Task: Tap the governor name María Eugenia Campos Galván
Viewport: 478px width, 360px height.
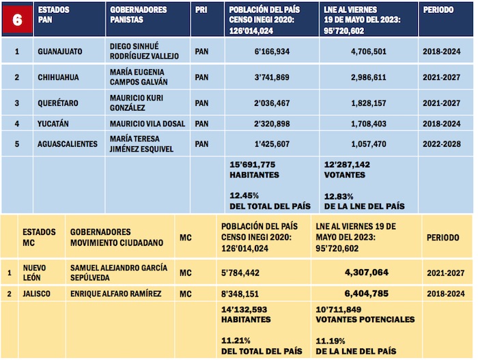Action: click(x=139, y=77)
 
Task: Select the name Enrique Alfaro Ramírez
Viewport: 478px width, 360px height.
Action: click(x=115, y=294)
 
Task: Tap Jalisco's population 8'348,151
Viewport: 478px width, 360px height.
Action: click(x=240, y=294)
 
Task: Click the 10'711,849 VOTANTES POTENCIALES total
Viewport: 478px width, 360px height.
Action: click(x=365, y=314)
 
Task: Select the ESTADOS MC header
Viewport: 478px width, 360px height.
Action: click(x=39, y=237)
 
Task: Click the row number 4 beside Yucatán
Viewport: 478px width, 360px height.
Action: click(x=17, y=124)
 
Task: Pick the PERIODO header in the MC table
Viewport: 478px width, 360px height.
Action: click(x=445, y=237)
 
